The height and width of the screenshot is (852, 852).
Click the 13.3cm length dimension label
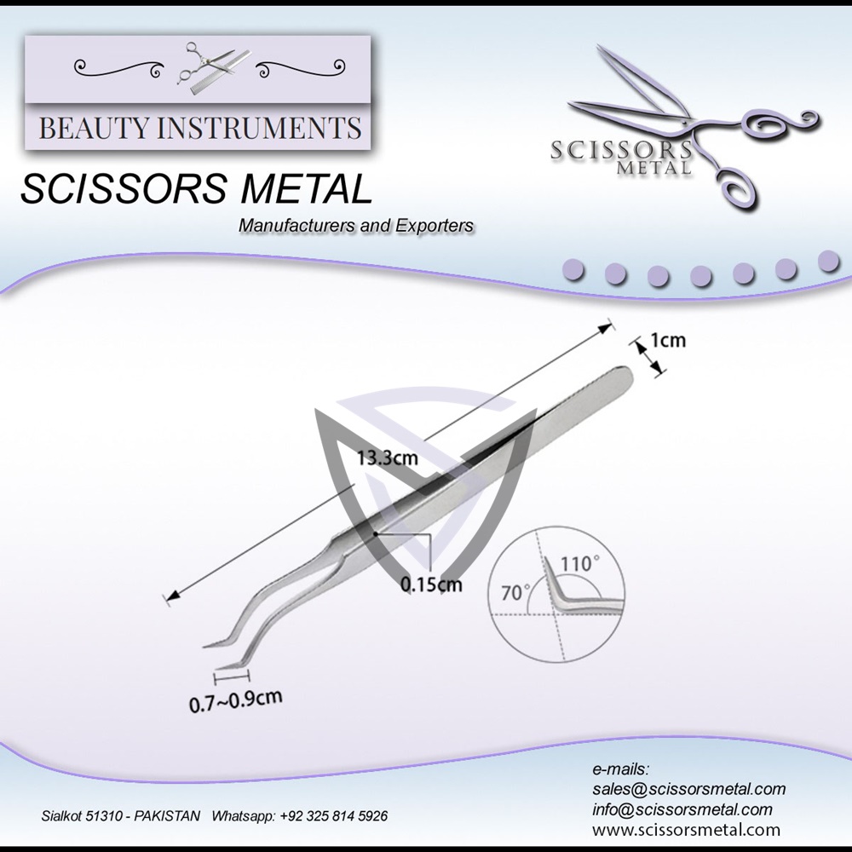tap(387, 458)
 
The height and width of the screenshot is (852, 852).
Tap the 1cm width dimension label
tap(667, 341)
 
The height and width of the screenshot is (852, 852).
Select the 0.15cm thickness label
tap(431, 584)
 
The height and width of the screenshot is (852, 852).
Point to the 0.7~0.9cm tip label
tap(235, 700)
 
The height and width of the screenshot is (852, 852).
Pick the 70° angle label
tap(515, 592)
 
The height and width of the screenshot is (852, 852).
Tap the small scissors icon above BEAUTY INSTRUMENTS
tap(198, 66)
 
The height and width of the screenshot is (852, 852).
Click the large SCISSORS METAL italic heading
tap(197, 189)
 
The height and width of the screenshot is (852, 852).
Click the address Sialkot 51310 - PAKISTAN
tap(121, 815)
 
